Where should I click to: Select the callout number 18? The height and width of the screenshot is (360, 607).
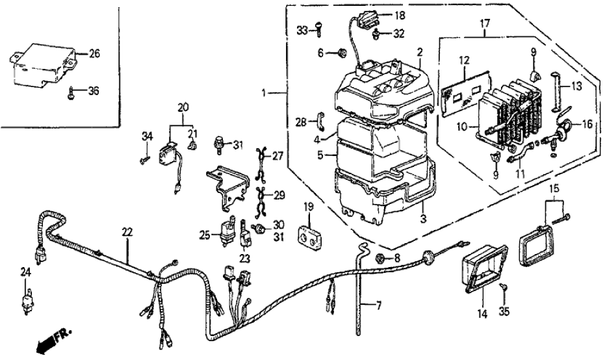coord(399,14)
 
